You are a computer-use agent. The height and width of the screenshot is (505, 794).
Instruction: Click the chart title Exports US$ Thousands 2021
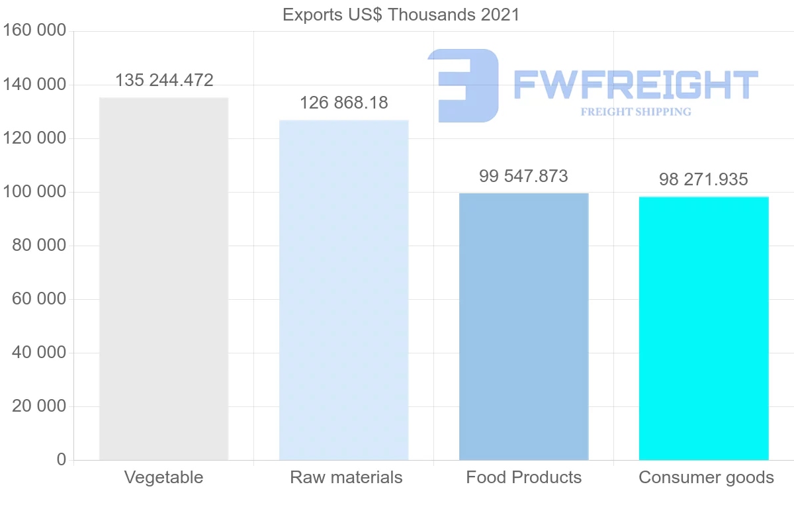click(401, 15)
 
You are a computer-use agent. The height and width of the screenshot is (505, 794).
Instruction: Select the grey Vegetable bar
click(163, 279)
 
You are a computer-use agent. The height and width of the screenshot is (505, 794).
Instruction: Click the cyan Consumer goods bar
click(703, 328)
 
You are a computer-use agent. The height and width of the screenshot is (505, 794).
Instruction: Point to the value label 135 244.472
click(164, 81)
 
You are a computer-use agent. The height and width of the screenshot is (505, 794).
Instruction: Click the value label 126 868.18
click(344, 103)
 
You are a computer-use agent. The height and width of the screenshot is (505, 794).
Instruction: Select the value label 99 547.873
click(523, 177)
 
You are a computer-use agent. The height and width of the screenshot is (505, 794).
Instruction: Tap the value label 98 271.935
click(703, 179)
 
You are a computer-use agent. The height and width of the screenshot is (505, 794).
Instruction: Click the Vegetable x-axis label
click(163, 478)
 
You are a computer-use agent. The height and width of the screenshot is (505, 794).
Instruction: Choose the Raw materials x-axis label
click(346, 478)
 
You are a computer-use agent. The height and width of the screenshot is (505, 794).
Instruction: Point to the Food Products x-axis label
click(523, 478)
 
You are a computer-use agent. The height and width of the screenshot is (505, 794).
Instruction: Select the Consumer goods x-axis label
click(706, 478)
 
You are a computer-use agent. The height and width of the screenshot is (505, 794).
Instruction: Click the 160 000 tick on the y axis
click(34, 31)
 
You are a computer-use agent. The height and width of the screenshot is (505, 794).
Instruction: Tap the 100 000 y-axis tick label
click(34, 192)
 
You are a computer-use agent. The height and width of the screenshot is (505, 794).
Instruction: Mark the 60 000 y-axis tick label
click(39, 299)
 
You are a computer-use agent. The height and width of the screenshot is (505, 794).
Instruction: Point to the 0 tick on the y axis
click(62, 460)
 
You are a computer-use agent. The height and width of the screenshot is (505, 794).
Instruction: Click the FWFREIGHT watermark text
click(635, 85)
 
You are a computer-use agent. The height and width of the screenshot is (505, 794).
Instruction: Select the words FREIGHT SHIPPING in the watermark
click(635, 112)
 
